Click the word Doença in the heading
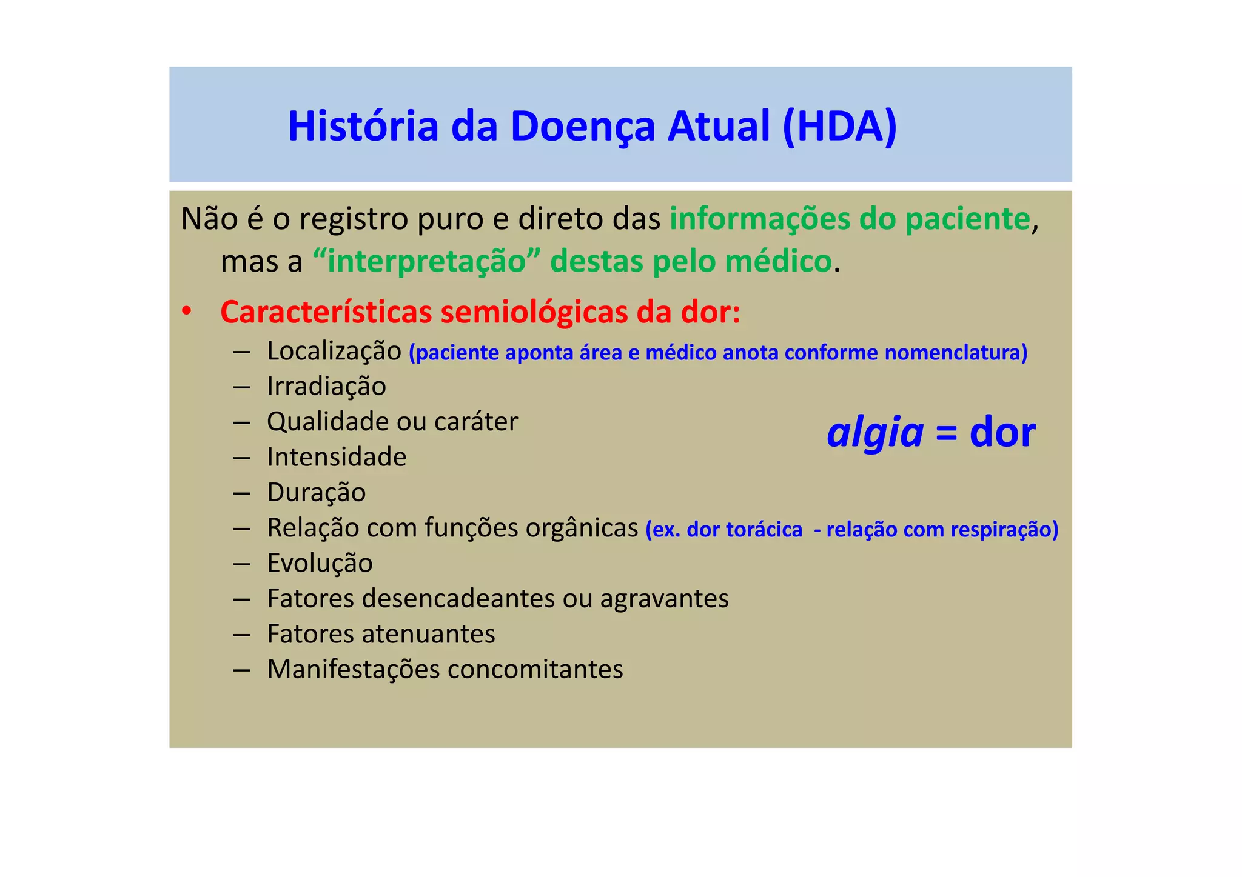tap(582, 127)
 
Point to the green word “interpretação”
tap(426, 262)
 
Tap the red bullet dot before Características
tap(187, 312)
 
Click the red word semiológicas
tap(534, 312)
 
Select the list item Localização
tap(334, 352)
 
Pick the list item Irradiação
tap(326, 387)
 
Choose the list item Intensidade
tap(337, 457)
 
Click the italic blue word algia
tap(874, 434)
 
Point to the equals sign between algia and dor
tap(946, 434)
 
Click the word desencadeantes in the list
tap(458, 599)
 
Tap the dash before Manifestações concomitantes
tap(241, 670)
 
